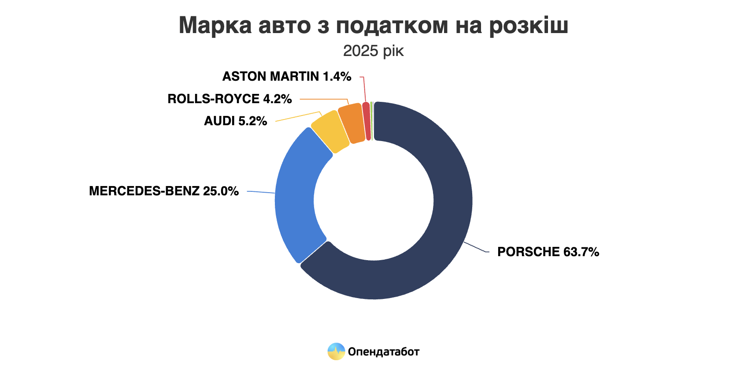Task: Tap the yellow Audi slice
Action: pos(331,132)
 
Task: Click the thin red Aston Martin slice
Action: pos(366,121)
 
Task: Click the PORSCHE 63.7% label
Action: pos(548,252)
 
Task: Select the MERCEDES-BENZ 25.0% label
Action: pos(163,191)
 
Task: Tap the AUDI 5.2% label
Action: pos(235,121)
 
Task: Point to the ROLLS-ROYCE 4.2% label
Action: pos(230,99)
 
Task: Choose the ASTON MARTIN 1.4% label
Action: pos(286,76)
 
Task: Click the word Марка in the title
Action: pos(215,25)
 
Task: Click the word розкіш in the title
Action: pos(528,25)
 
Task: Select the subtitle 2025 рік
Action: pos(373,51)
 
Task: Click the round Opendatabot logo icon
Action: pos(336,351)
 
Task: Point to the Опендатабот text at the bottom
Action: pos(383,351)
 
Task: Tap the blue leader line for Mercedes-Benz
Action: pos(261,192)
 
